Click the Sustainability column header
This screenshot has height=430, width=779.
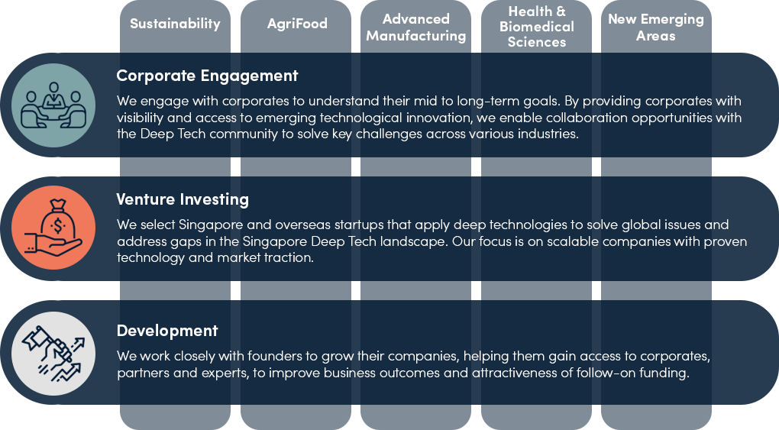pos(175,24)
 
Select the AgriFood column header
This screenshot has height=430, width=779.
pos(297,24)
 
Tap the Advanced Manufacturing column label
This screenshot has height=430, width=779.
pos(415,27)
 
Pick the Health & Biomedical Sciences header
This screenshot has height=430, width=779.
pos(537,26)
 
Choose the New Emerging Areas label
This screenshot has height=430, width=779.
pos(656,27)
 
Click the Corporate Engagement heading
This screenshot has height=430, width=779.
pos(207,76)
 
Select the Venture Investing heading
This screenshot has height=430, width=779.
pos(183,199)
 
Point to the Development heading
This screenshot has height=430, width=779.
pos(167,331)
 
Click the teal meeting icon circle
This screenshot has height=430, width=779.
pos(53,105)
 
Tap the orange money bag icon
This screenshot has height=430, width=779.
pos(53,228)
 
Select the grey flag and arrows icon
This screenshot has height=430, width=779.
pos(53,354)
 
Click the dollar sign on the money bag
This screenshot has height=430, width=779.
pos(58,226)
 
